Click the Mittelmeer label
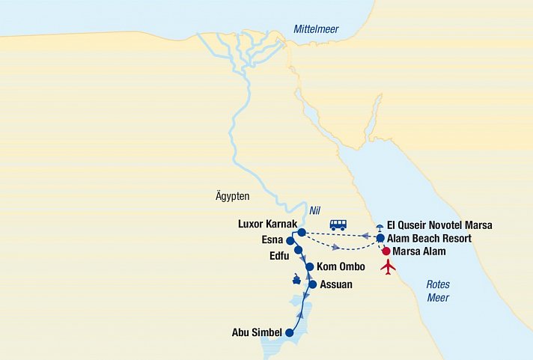(x=315, y=29)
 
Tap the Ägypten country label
(x=231, y=196)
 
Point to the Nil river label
(x=314, y=211)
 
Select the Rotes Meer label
(x=438, y=290)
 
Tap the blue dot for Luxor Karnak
(x=302, y=233)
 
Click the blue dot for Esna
(x=290, y=241)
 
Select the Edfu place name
(x=275, y=254)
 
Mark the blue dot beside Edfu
(x=298, y=250)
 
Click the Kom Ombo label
(x=341, y=267)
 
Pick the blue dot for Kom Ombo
(x=309, y=267)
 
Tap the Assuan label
(x=335, y=284)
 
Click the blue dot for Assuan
(x=313, y=284)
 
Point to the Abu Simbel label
(x=257, y=333)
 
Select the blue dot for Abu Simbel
(x=290, y=333)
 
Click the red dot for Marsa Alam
(x=386, y=251)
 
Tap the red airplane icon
(x=388, y=266)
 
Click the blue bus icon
(x=338, y=225)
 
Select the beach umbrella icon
(x=380, y=227)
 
